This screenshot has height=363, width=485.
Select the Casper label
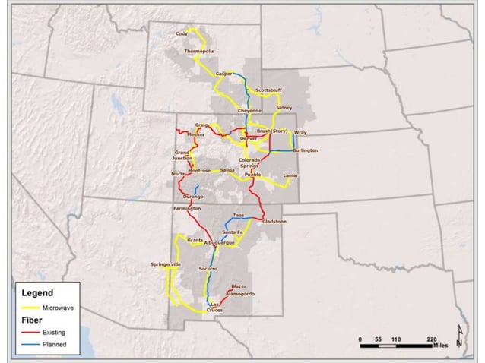click(224, 74)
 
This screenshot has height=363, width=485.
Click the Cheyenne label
click(249, 111)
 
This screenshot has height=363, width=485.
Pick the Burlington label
click(303, 150)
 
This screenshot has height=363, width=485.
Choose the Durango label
click(193, 196)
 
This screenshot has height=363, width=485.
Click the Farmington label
click(187, 208)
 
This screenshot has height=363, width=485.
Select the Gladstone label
click(274, 222)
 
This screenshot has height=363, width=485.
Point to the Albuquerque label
click(220, 242)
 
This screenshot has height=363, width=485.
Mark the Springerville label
click(166, 264)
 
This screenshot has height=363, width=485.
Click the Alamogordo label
click(240, 293)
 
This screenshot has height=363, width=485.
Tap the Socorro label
click(208, 270)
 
